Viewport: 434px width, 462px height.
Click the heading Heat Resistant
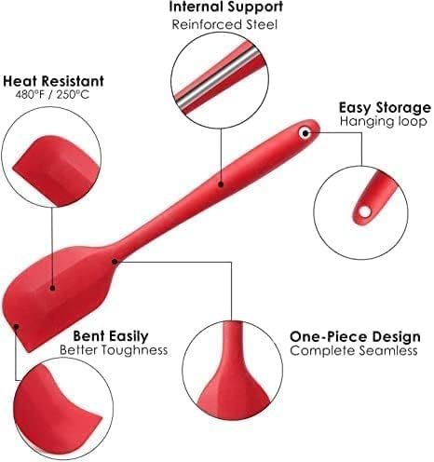(x=53, y=81)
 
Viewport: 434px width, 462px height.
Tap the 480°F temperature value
(x=30, y=94)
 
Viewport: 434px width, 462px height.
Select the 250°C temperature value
(x=73, y=94)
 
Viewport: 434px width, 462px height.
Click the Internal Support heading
(x=226, y=7)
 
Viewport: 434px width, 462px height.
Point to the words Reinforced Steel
(x=224, y=24)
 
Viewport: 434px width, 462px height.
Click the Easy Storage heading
(x=385, y=108)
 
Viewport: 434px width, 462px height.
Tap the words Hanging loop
(x=384, y=121)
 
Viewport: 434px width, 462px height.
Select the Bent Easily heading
(x=111, y=336)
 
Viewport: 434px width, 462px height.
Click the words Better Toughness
(x=114, y=350)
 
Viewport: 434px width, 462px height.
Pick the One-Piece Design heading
(x=355, y=337)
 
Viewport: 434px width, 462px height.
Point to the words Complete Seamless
(x=354, y=351)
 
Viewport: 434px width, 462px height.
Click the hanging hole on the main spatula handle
(x=305, y=133)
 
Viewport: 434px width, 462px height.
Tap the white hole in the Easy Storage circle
(x=365, y=212)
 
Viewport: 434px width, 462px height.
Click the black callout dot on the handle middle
(x=221, y=184)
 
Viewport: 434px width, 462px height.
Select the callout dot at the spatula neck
(x=115, y=262)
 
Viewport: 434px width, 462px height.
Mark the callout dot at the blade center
(x=52, y=289)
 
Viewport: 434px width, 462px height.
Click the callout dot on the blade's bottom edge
(x=17, y=326)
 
